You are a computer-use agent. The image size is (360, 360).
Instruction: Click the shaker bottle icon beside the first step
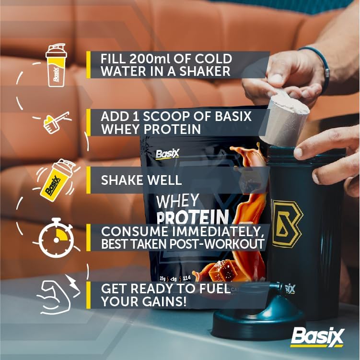pyautogui.click(x=56, y=66)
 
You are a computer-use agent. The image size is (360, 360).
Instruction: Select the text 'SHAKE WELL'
pyautogui.click(x=141, y=180)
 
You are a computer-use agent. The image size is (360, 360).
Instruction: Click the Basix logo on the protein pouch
pyautogui.click(x=167, y=154)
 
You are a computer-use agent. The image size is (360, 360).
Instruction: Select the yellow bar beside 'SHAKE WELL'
pyautogui.click(x=89, y=180)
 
